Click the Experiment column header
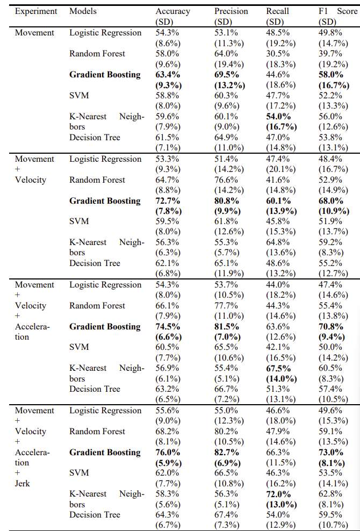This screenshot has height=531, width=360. pyautogui.click(x=36, y=11)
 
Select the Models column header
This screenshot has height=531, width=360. pyautogui.click(x=83, y=11)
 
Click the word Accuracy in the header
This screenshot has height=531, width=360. pyautogui.click(x=172, y=11)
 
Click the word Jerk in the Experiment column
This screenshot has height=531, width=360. pyautogui.click(x=23, y=483)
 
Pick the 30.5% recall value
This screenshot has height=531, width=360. pyautogui.click(x=278, y=54)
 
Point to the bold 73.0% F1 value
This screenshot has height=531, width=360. pyautogui.click(x=331, y=453)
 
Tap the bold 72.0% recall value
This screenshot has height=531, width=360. pyautogui.click(x=278, y=494)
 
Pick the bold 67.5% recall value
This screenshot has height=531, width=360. pyautogui.click(x=278, y=368)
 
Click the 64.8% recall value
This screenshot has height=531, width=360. pyautogui.click(x=278, y=242)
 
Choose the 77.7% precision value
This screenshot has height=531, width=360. pyautogui.click(x=226, y=305)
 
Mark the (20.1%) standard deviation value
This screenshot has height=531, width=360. pyautogui.click(x=281, y=169)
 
